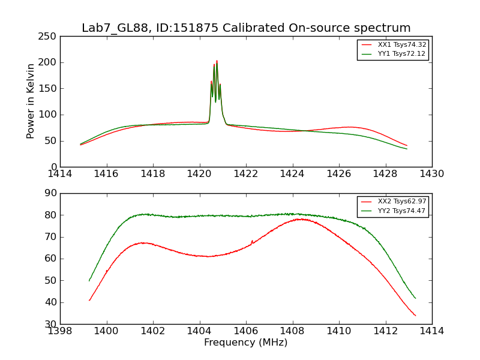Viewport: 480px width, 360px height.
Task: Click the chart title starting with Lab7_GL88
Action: (246, 28)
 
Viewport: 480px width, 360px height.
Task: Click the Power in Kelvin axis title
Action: (31, 101)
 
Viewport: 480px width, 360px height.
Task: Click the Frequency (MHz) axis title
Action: (246, 343)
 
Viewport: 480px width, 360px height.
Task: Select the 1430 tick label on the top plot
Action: (431, 174)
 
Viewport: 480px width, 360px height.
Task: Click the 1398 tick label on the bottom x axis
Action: (61, 331)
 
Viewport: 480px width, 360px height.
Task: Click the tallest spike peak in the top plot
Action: (217, 61)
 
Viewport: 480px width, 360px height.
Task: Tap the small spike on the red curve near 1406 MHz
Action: (252, 241)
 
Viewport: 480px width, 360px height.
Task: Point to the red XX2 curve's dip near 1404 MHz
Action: (208, 256)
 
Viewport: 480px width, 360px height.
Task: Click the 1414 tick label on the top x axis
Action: (61, 174)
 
